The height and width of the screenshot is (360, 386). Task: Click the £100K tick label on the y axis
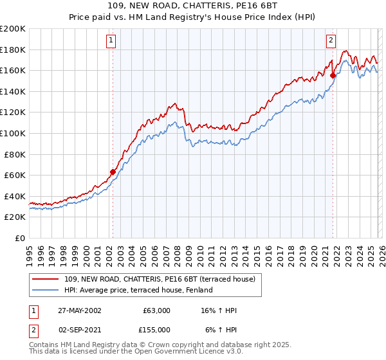[13, 133]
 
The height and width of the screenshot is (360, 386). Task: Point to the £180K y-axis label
[13, 50]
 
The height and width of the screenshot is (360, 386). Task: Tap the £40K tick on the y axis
[15, 196]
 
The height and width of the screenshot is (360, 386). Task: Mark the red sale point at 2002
[113, 172]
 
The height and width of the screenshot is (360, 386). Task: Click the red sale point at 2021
[333, 75]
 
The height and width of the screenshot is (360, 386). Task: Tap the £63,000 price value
[156, 310]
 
